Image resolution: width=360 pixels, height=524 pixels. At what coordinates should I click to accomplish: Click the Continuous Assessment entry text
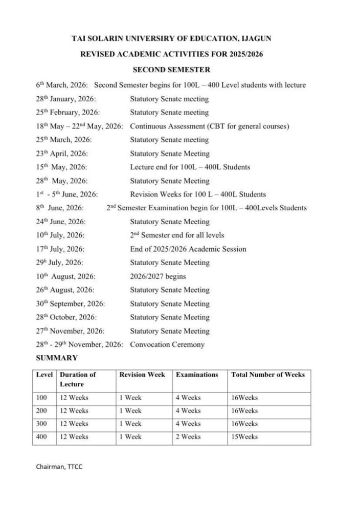click(210, 126)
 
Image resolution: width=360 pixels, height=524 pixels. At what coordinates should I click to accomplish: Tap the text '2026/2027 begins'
click(158, 276)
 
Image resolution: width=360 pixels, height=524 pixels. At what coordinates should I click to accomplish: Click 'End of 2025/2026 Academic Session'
click(188, 249)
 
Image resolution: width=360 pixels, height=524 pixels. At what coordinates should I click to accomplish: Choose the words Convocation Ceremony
click(167, 344)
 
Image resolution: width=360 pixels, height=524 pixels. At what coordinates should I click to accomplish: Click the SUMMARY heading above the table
click(57, 358)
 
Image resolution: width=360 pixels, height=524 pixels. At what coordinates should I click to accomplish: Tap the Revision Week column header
click(142, 375)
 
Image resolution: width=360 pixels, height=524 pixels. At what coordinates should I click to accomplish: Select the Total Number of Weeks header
click(268, 375)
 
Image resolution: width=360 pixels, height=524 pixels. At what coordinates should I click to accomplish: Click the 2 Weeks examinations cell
click(189, 437)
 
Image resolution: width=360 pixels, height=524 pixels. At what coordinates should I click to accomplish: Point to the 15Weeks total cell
click(244, 437)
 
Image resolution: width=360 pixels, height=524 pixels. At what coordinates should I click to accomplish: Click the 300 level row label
click(41, 424)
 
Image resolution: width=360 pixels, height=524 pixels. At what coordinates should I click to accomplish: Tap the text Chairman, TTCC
click(59, 467)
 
